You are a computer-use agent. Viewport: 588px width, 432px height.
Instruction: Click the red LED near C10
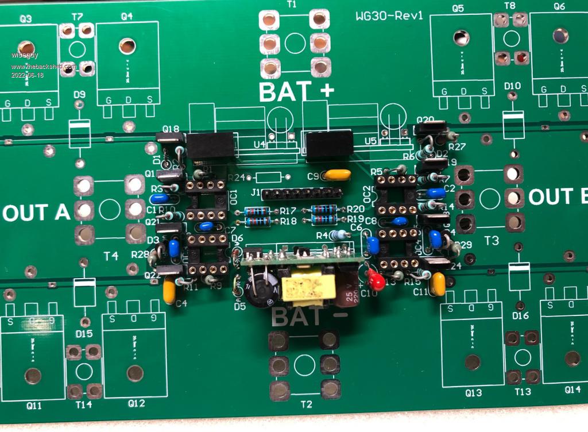(x=377, y=281)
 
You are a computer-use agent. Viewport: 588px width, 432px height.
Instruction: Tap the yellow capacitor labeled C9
(x=337, y=175)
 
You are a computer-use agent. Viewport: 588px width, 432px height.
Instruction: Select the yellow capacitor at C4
(x=169, y=291)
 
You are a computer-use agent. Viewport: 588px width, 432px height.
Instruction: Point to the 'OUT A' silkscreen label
(x=37, y=213)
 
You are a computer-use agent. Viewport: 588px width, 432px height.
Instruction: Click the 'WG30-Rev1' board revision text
(x=389, y=16)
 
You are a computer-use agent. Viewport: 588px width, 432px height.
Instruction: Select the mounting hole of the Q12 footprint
(x=135, y=373)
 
